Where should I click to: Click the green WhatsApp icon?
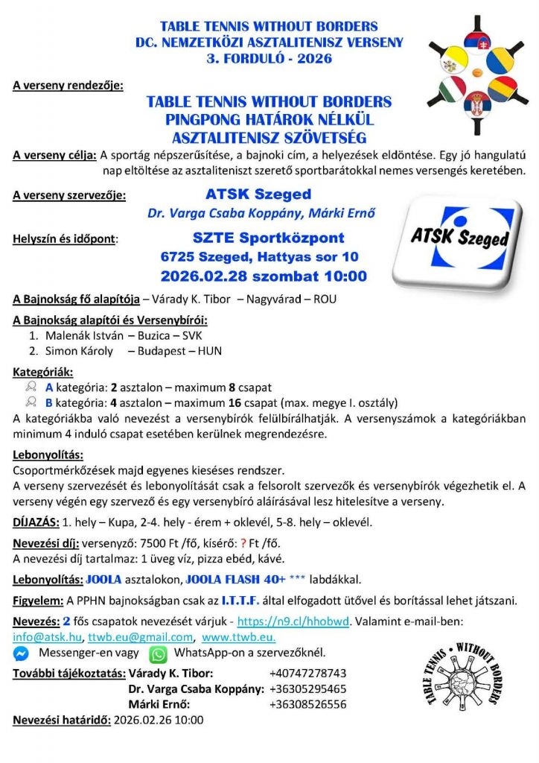tap(158, 654)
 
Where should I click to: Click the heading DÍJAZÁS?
tap(36, 522)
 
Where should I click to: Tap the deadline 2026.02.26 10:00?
tap(158, 721)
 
